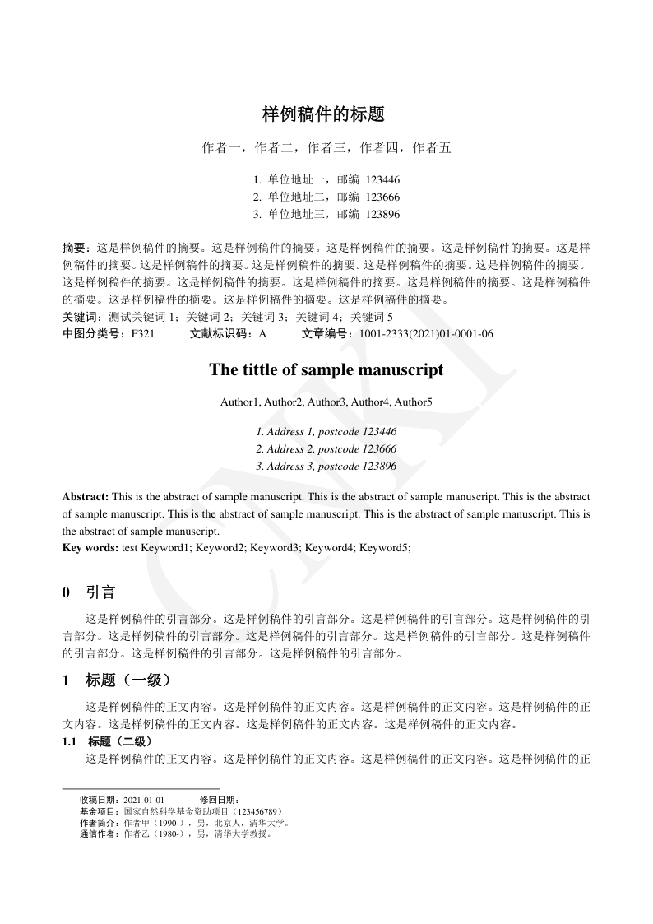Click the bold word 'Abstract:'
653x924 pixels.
[x=86, y=497]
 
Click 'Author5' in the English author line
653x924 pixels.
[x=413, y=402]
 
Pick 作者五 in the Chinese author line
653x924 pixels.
[x=432, y=148]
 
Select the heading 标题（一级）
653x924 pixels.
[x=127, y=680]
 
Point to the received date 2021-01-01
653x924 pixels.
[x=145, y=800]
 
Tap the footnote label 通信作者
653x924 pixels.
[x=99, y=833]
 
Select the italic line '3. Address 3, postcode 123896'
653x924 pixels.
[x=326, y=467]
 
